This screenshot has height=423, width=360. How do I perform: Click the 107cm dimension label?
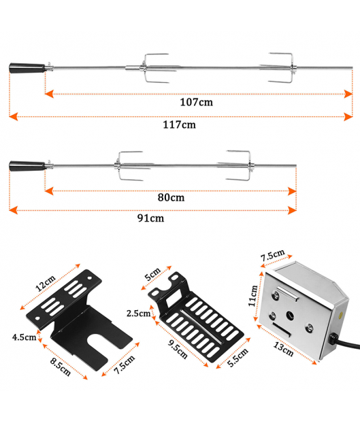tap(197, 102)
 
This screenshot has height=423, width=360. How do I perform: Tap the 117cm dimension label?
tap(180, 124)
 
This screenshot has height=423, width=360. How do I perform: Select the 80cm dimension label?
tap(171, 197)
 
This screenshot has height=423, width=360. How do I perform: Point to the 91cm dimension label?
tap(150, 218)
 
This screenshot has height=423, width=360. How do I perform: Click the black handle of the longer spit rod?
tap(27, 68)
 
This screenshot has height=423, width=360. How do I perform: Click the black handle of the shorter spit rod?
tap(27, 166)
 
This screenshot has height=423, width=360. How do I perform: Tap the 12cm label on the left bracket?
tap(46, 284)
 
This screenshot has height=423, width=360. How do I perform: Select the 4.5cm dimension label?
tap(24, 337)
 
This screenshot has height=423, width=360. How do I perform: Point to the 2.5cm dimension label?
tap(138, 314)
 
